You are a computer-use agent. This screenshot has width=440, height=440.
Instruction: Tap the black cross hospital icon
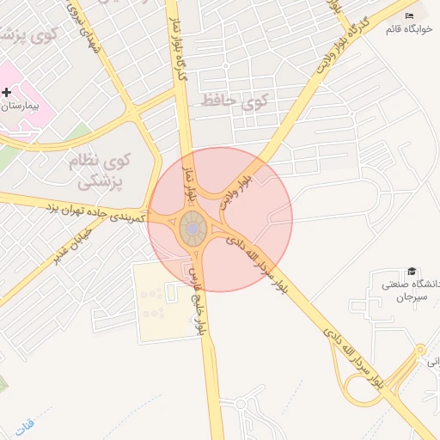pyautogui.click(x=7, y=91)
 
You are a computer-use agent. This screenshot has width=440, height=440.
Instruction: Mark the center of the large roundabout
pyautogui.click(x=192, y=229)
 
